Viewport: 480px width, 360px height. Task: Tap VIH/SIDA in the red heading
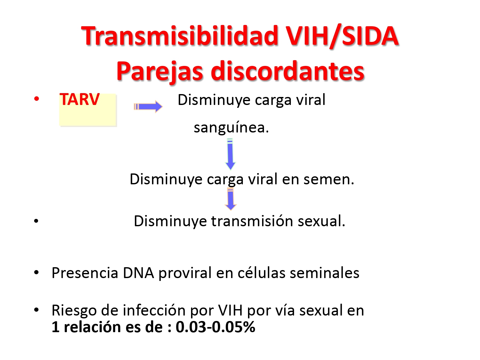(x=342, y=36)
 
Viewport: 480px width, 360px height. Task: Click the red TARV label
(x=79, y=100)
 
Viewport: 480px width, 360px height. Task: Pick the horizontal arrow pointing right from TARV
(x=148, y=107)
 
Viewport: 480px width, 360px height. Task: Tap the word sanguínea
(x=231, y=127)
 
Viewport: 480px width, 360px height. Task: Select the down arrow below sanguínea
(x=230, y=155)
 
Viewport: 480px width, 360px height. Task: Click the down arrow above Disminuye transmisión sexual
(x=230, y=199)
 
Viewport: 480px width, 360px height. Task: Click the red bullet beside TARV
(x=36, y=99)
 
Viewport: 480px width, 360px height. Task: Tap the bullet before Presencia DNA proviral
(x=36, y=273)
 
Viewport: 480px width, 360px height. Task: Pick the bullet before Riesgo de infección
(x=36, y=310)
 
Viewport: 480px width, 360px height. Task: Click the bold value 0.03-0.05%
(x=215, y=327)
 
